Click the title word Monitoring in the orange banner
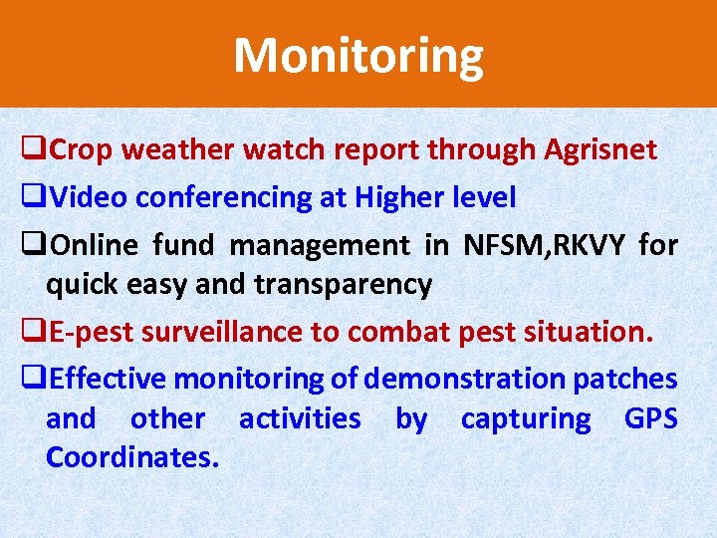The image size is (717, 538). tap(358, 56)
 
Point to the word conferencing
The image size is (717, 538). tap(224, 198)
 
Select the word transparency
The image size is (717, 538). tap(343, 285)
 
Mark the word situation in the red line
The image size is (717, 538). tap(586, 332)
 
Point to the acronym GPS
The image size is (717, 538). tap(650, 419)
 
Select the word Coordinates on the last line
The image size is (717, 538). tap(132, 459)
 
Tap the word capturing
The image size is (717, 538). tap(525, 419)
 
